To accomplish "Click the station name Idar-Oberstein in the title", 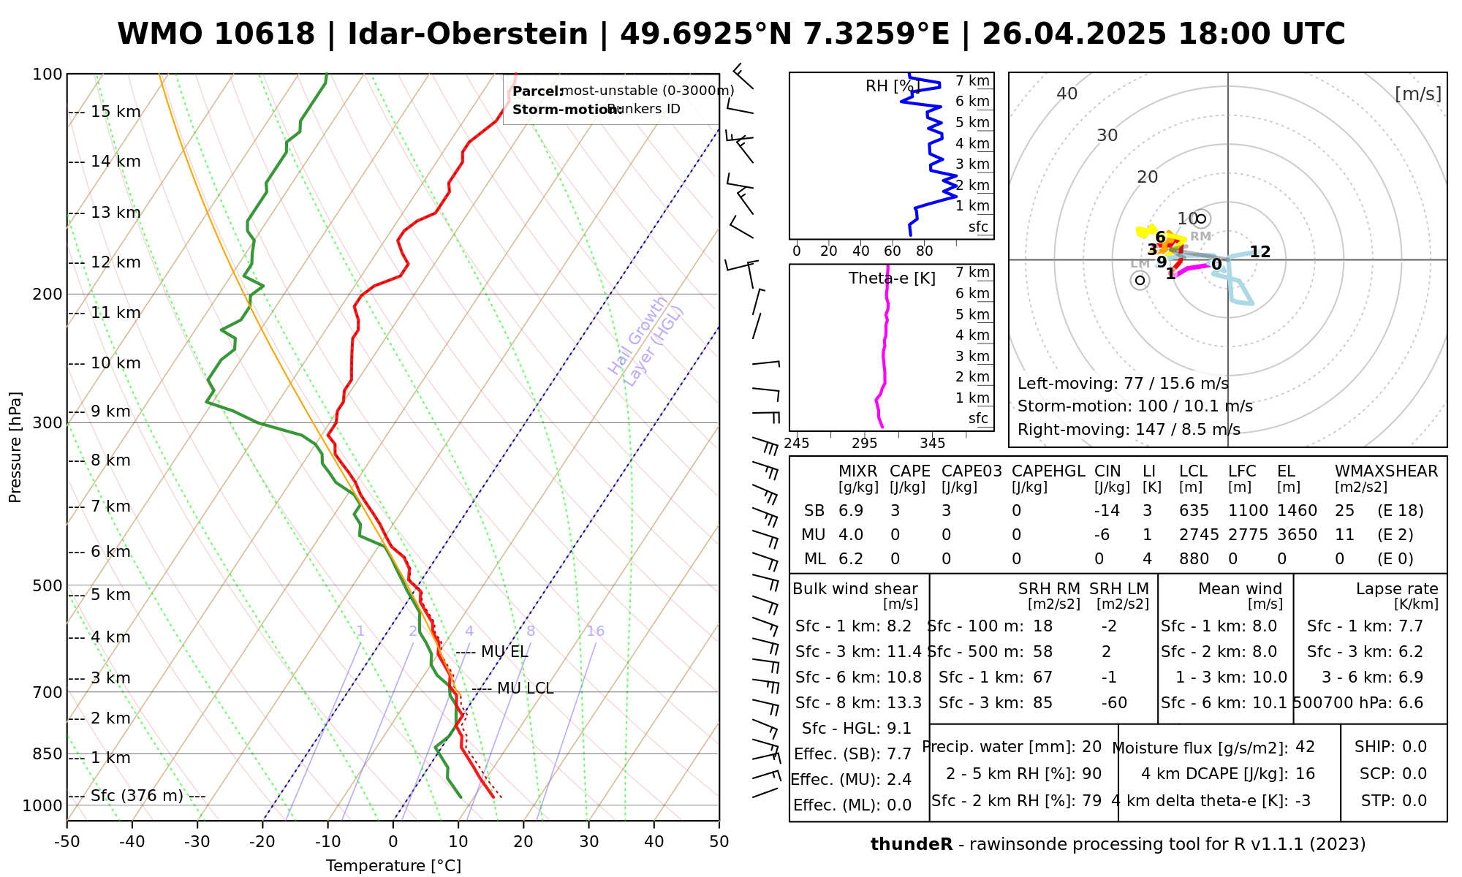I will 467,34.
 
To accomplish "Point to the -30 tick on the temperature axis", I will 197,842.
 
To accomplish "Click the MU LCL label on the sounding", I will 525,688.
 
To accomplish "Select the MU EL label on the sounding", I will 504,652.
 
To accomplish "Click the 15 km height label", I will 115,112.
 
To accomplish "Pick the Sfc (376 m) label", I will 137,795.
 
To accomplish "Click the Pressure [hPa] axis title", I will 15,447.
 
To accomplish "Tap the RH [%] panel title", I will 891,86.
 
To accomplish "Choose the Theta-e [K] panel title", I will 892,278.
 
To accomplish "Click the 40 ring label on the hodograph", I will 1067,94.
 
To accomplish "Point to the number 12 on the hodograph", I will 1260,252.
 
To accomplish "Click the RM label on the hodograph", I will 1200,236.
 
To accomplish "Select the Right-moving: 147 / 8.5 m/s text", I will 1129,429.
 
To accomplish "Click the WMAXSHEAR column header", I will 1386,471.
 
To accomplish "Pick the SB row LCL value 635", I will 1194,511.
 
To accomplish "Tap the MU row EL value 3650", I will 1297,535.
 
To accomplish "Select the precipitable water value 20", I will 1091,747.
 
